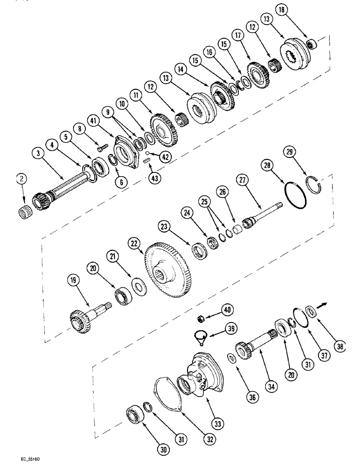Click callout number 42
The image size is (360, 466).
click(x=164, y=158)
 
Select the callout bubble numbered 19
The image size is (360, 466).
click(x=73, y=281)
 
